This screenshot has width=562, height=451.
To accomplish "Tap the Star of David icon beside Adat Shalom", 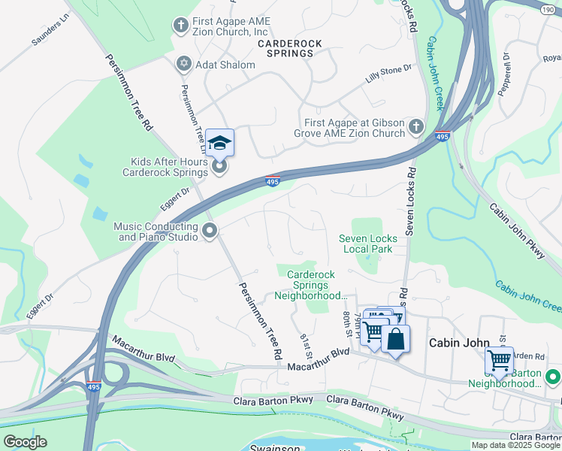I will (x=183, y=65).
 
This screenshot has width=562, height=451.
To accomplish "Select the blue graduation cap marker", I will (x=219, y=141).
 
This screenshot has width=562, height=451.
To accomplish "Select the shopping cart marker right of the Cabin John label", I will (x=499, y=360).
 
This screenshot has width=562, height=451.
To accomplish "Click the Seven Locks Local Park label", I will (x=368, y=244).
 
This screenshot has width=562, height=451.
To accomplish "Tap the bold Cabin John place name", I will (x=454, y=343).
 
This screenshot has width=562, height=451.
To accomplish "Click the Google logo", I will (x=26, y=442).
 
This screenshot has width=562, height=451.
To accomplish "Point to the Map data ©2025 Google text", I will (x=515, y=445).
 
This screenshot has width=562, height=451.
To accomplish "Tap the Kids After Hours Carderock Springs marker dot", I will (x=219, y=167).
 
